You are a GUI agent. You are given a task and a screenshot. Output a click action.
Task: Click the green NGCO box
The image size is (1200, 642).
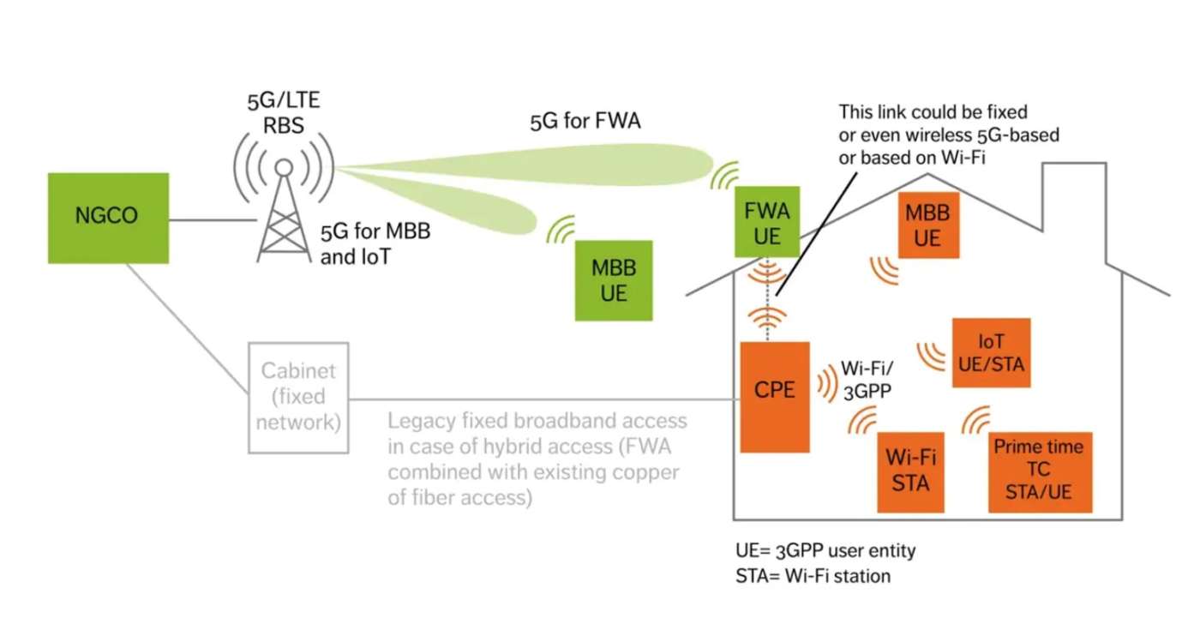tap(108, 215)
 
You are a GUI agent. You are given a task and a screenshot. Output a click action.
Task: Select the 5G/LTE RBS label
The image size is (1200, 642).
tap(283, 113)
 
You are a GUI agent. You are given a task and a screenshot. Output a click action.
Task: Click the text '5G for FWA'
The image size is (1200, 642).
tap(585, 122)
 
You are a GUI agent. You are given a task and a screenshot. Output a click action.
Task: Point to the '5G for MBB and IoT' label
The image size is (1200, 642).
tap(374, 243)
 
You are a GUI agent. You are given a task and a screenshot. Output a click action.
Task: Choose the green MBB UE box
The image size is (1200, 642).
tap(614, 280)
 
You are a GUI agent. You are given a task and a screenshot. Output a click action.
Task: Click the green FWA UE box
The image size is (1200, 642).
tap(767, 222)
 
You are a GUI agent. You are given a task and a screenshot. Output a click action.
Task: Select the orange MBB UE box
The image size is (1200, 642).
tap(927, 225)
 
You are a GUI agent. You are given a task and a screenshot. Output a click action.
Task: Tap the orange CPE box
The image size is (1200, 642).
tap(775, 396)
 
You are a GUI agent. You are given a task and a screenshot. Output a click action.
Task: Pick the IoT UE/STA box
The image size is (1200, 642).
tap(991, 352)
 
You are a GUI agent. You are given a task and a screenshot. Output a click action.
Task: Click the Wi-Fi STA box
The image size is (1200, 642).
tap(910, 471)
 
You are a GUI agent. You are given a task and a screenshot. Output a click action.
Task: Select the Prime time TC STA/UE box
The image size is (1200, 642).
tap(1038, 471)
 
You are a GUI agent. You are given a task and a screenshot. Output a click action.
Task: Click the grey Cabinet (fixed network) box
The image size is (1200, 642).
tap(298, 397)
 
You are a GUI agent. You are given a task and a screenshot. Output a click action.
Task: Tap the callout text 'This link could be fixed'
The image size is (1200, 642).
tap(933, 112)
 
